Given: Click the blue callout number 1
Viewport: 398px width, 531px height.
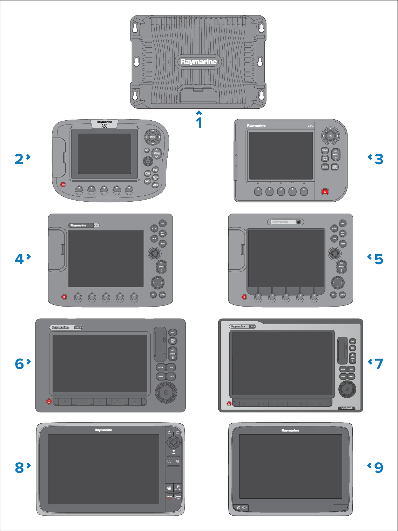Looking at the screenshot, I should point(199,123).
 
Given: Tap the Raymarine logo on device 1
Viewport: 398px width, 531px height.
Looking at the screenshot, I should point(198,62).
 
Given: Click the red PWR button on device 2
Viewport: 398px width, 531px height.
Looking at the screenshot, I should point(63,184).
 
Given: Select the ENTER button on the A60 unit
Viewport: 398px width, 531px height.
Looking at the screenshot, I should point(153,137).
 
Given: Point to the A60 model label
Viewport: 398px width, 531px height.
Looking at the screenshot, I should point(104,126).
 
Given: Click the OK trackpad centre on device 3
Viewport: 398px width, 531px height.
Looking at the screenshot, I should point(330,136).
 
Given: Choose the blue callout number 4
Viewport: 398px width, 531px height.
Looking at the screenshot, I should point(19,259).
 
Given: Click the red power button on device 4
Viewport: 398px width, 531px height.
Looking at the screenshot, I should point(64,297).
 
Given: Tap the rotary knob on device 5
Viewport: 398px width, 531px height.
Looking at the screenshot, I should point(335,253).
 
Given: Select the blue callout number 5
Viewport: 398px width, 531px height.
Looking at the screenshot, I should point(379,259).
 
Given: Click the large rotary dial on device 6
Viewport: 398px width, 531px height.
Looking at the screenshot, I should point(166,392).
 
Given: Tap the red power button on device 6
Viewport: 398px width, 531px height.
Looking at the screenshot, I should point(49,401).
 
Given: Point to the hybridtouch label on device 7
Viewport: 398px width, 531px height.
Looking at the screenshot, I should point(346,408).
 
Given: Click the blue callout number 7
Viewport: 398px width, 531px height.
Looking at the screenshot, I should point(379,364).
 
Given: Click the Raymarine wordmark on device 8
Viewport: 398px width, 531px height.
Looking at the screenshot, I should point(103,430).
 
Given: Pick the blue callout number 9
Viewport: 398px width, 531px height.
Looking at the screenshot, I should point(379,468).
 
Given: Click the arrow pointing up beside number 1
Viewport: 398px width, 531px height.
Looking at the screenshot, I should point(199,113).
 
